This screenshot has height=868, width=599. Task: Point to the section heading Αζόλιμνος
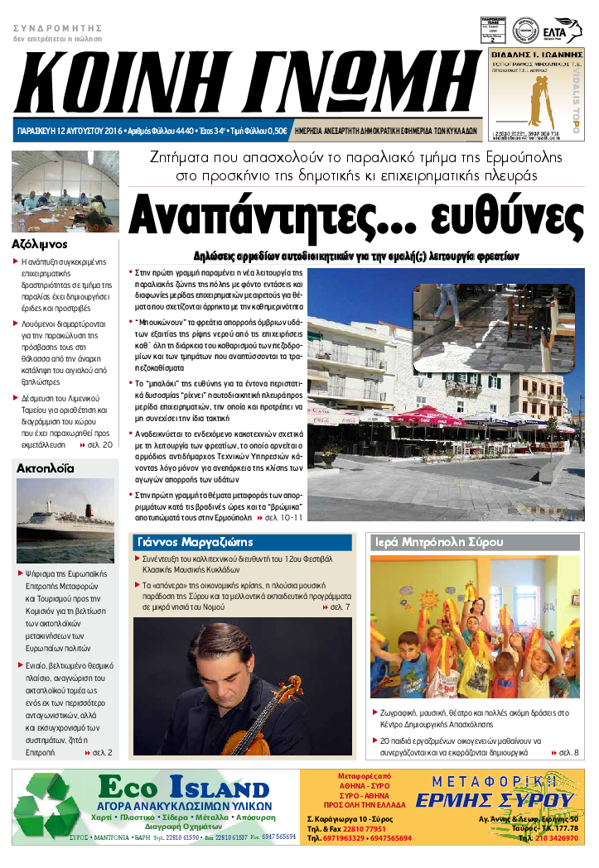click(x=40, y=245)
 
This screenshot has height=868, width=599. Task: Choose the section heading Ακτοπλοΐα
click(x=46, y=468)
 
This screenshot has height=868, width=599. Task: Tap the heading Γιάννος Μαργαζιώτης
click(x=195, y=543)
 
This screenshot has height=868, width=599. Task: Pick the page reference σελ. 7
click(x=340, y=607)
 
